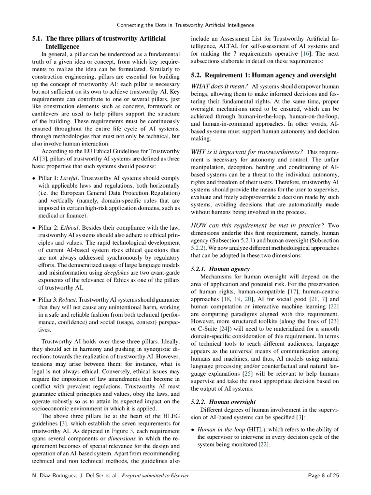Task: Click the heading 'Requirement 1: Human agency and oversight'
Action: coord(271,75)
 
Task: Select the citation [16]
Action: coord(305,54)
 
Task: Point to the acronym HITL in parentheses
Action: coord(255,429)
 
